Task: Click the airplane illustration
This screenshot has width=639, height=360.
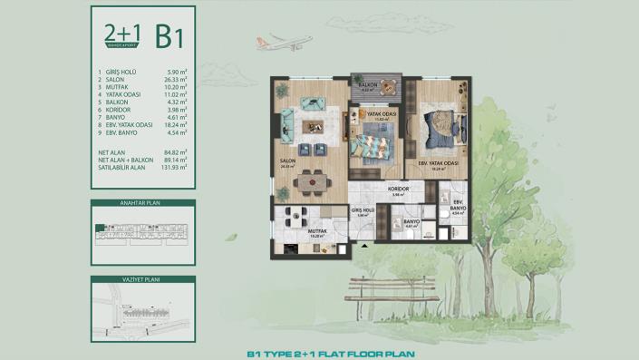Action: [x=287, y=43]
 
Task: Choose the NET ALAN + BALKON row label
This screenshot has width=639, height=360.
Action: [x=126, y=161]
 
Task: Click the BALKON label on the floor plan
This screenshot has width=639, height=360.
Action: [x=367, y=83]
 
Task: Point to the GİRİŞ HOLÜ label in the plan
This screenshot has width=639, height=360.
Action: [x=361, y=209]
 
